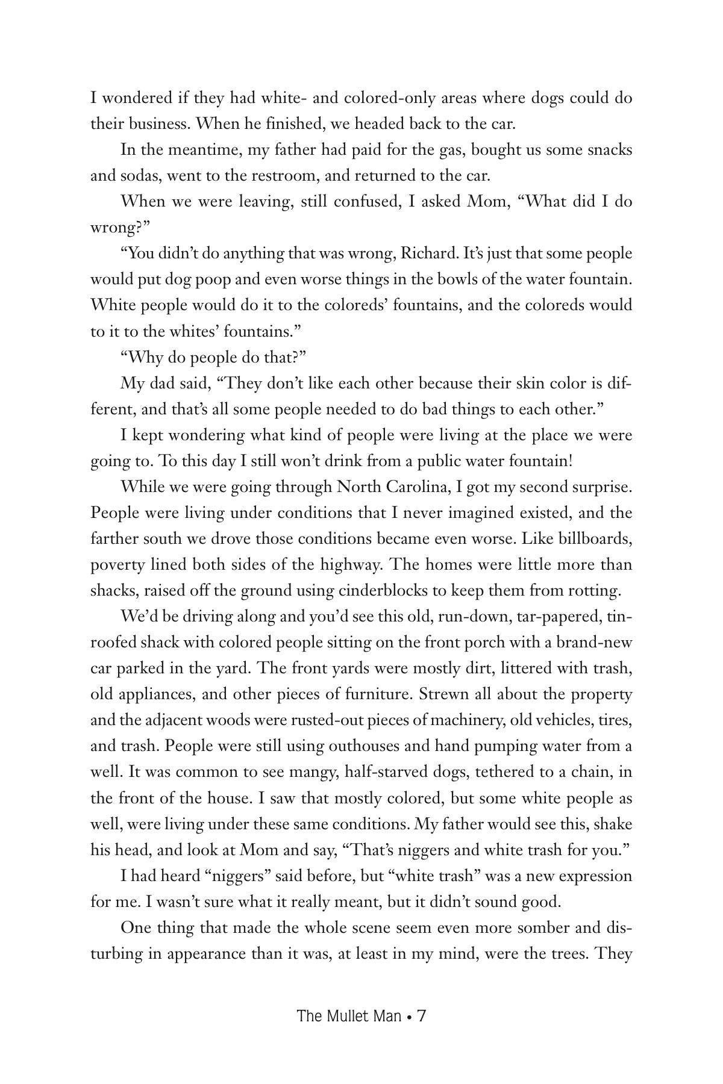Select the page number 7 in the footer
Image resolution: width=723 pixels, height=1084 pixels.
click(x=422, y=1017)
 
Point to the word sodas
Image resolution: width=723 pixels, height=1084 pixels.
click(x=140, y=176)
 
